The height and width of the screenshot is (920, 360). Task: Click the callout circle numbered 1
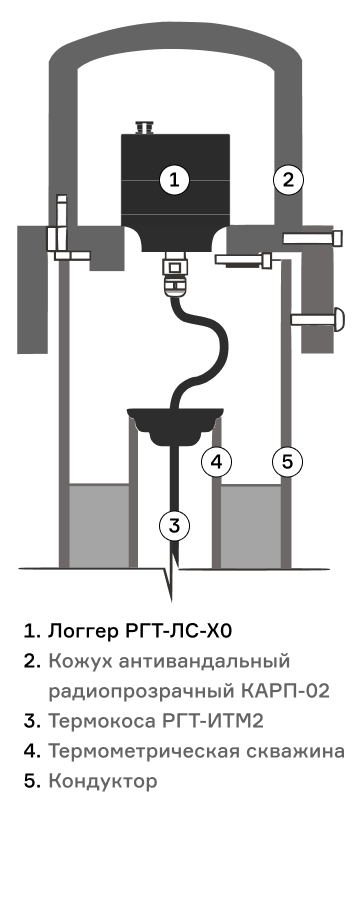point(175,180)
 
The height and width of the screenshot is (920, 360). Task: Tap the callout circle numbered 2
point(288,180)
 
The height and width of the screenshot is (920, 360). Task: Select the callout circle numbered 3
point(175,525)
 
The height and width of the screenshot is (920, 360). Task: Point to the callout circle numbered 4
point(217,462)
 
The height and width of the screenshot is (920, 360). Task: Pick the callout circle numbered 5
point(287,462)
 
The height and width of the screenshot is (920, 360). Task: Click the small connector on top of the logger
point(144,127)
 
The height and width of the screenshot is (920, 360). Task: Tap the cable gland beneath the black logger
point(173,272)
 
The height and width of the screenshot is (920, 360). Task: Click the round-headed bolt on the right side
point(317,319)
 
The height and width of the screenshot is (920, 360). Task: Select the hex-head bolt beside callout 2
point(313,238)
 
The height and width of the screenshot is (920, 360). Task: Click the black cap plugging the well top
point(175,425)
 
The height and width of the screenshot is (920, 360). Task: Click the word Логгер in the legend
point(81,631)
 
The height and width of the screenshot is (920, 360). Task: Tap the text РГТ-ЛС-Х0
point(179,631)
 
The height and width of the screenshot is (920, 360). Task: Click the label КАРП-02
point(285,691)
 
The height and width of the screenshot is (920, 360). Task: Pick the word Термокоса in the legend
point(101,721)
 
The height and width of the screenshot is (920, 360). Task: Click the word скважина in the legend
point(294,751)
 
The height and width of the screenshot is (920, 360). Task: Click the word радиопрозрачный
point(140,692)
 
